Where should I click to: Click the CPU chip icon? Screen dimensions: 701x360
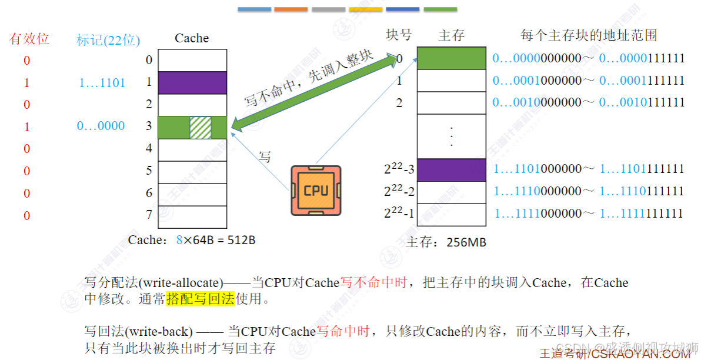click(x=316, y=190)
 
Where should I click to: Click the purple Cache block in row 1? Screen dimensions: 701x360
click(x=193, y=82)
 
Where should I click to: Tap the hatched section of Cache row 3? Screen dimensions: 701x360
click(x=200, y=127)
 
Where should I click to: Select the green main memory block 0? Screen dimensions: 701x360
click(x=451, y=58)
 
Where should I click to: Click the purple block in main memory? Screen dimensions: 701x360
click(x=451, y=170)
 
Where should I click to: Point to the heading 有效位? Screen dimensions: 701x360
click(x=29, y=39)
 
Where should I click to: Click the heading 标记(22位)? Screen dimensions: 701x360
click(x=108, y=40)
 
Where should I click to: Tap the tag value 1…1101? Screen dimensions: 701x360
click(x=102, y=83)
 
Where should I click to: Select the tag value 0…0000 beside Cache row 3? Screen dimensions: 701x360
click(x=101, y=126)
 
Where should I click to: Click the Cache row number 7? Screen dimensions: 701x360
click(x=149, y=214)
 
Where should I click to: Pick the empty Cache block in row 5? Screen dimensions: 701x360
click(x=193, y=172)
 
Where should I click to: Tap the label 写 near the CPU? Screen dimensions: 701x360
click(x=265, y=156)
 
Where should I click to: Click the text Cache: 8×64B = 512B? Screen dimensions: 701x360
click(x=192, y=240)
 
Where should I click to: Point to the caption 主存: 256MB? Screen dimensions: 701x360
click(x=446, y=242)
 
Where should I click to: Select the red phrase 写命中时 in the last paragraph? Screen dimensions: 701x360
click(x=343, y=332)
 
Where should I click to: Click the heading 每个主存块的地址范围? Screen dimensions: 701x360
click(x=588, y=35)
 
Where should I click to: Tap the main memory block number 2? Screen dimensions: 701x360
click(x=399, y=102)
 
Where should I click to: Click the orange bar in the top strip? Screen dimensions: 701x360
click(x=291, y=9)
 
